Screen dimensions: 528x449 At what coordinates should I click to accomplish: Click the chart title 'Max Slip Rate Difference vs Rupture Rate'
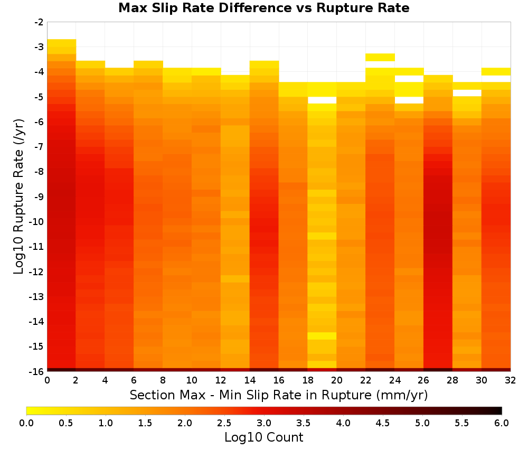(x=263, y=8)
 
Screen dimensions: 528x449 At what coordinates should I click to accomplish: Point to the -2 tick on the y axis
(x=39, y=22)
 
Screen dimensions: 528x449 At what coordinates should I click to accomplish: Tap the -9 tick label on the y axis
(x=39, y=197)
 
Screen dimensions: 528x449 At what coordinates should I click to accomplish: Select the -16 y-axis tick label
(x=37, y=371)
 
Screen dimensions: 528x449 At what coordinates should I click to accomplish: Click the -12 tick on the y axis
(x=37, y=272)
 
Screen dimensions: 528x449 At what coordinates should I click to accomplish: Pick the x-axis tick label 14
(x=250, y=380)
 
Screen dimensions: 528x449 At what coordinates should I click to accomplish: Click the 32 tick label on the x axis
(x=510, y=380)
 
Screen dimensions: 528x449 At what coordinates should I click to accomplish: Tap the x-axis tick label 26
(x=423, y=380)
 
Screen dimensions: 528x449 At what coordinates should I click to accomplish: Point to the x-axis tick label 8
(x=163, y=380)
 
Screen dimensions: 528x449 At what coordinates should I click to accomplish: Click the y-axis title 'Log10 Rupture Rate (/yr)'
(x=18, y=197)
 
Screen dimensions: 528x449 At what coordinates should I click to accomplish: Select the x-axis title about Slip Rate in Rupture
(x=279, y=395)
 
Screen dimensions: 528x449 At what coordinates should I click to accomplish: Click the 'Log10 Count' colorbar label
(x=263, y=437)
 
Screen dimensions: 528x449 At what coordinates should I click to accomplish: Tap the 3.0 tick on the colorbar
(x=263, y=423)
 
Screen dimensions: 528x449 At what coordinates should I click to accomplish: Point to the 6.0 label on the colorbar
(x=502, y=423)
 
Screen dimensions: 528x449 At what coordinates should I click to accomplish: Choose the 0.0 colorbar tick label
(x=26, y=423)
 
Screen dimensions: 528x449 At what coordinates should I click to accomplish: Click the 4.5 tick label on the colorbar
(x=382, y=423)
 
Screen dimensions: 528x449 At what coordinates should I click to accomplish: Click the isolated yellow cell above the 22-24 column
(x=380, y=57)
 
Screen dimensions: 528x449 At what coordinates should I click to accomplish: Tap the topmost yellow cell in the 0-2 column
(x=62, y=43)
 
